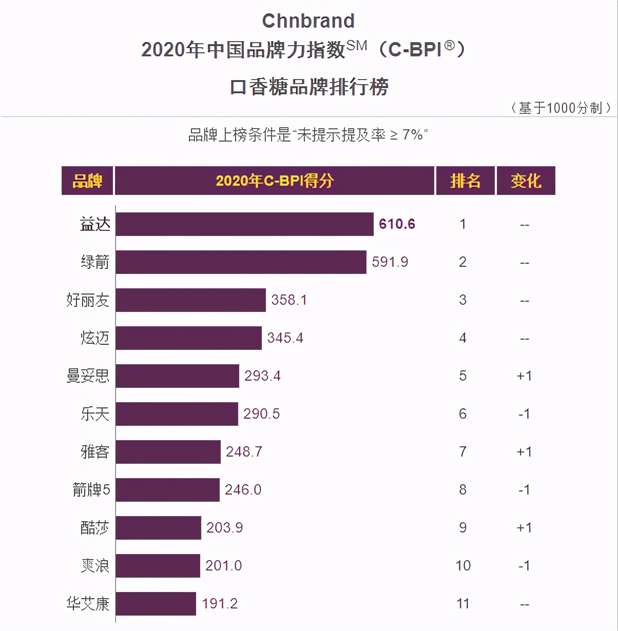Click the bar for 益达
(244, 224)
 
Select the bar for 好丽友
(190, 300)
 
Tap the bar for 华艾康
(156, 604)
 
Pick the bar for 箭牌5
(167, 490)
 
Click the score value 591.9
(390, 262)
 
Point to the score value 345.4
(285, 338)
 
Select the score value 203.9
(224, 528)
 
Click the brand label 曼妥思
(88, 376)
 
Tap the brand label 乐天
(95, 414)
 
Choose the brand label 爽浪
(95, 566)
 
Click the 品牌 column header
(87, 181)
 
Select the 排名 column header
(465, 181)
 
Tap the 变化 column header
(526, 181)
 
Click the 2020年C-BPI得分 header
(275, 181)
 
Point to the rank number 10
(463, 566)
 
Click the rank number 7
(463, 452)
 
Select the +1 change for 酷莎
(524, 528)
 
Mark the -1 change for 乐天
(524, 414)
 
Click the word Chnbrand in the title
(308, 21)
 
